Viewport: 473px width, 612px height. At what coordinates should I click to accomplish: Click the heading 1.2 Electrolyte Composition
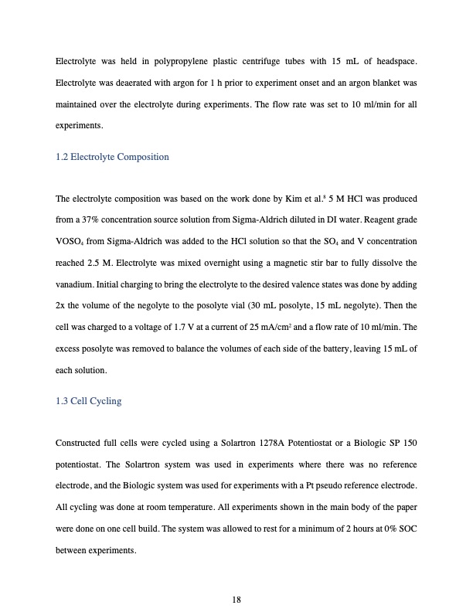tap(112, 157)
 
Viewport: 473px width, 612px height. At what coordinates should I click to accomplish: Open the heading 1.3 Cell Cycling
tap(89, 401)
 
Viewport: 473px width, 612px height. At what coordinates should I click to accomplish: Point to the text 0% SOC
tap(399, 531)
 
